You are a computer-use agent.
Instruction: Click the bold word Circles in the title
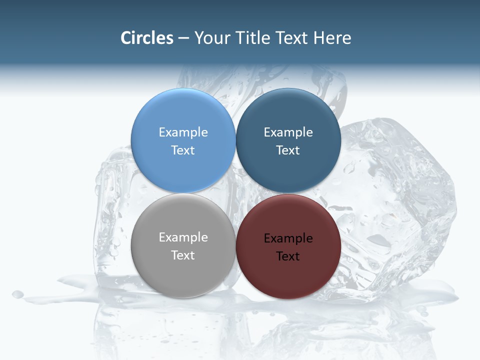tap(146, 38)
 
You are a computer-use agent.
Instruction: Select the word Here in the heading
tap(332, 38)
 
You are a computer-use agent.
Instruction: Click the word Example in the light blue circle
tap(183, 132)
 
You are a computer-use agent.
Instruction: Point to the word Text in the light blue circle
tap(183, 150)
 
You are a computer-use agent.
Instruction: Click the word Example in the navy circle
tap(288, 132)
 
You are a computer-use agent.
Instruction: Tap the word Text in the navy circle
tap(288, 150)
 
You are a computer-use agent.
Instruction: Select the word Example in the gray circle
tap(183, 237)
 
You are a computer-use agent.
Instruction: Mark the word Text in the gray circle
tap(183, 255)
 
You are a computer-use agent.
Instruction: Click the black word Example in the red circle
tap(288, 238)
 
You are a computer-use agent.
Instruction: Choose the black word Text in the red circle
tap(288, 256)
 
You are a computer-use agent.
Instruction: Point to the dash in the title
tap(183, 38)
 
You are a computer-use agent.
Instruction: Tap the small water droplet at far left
tap(18, 294)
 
